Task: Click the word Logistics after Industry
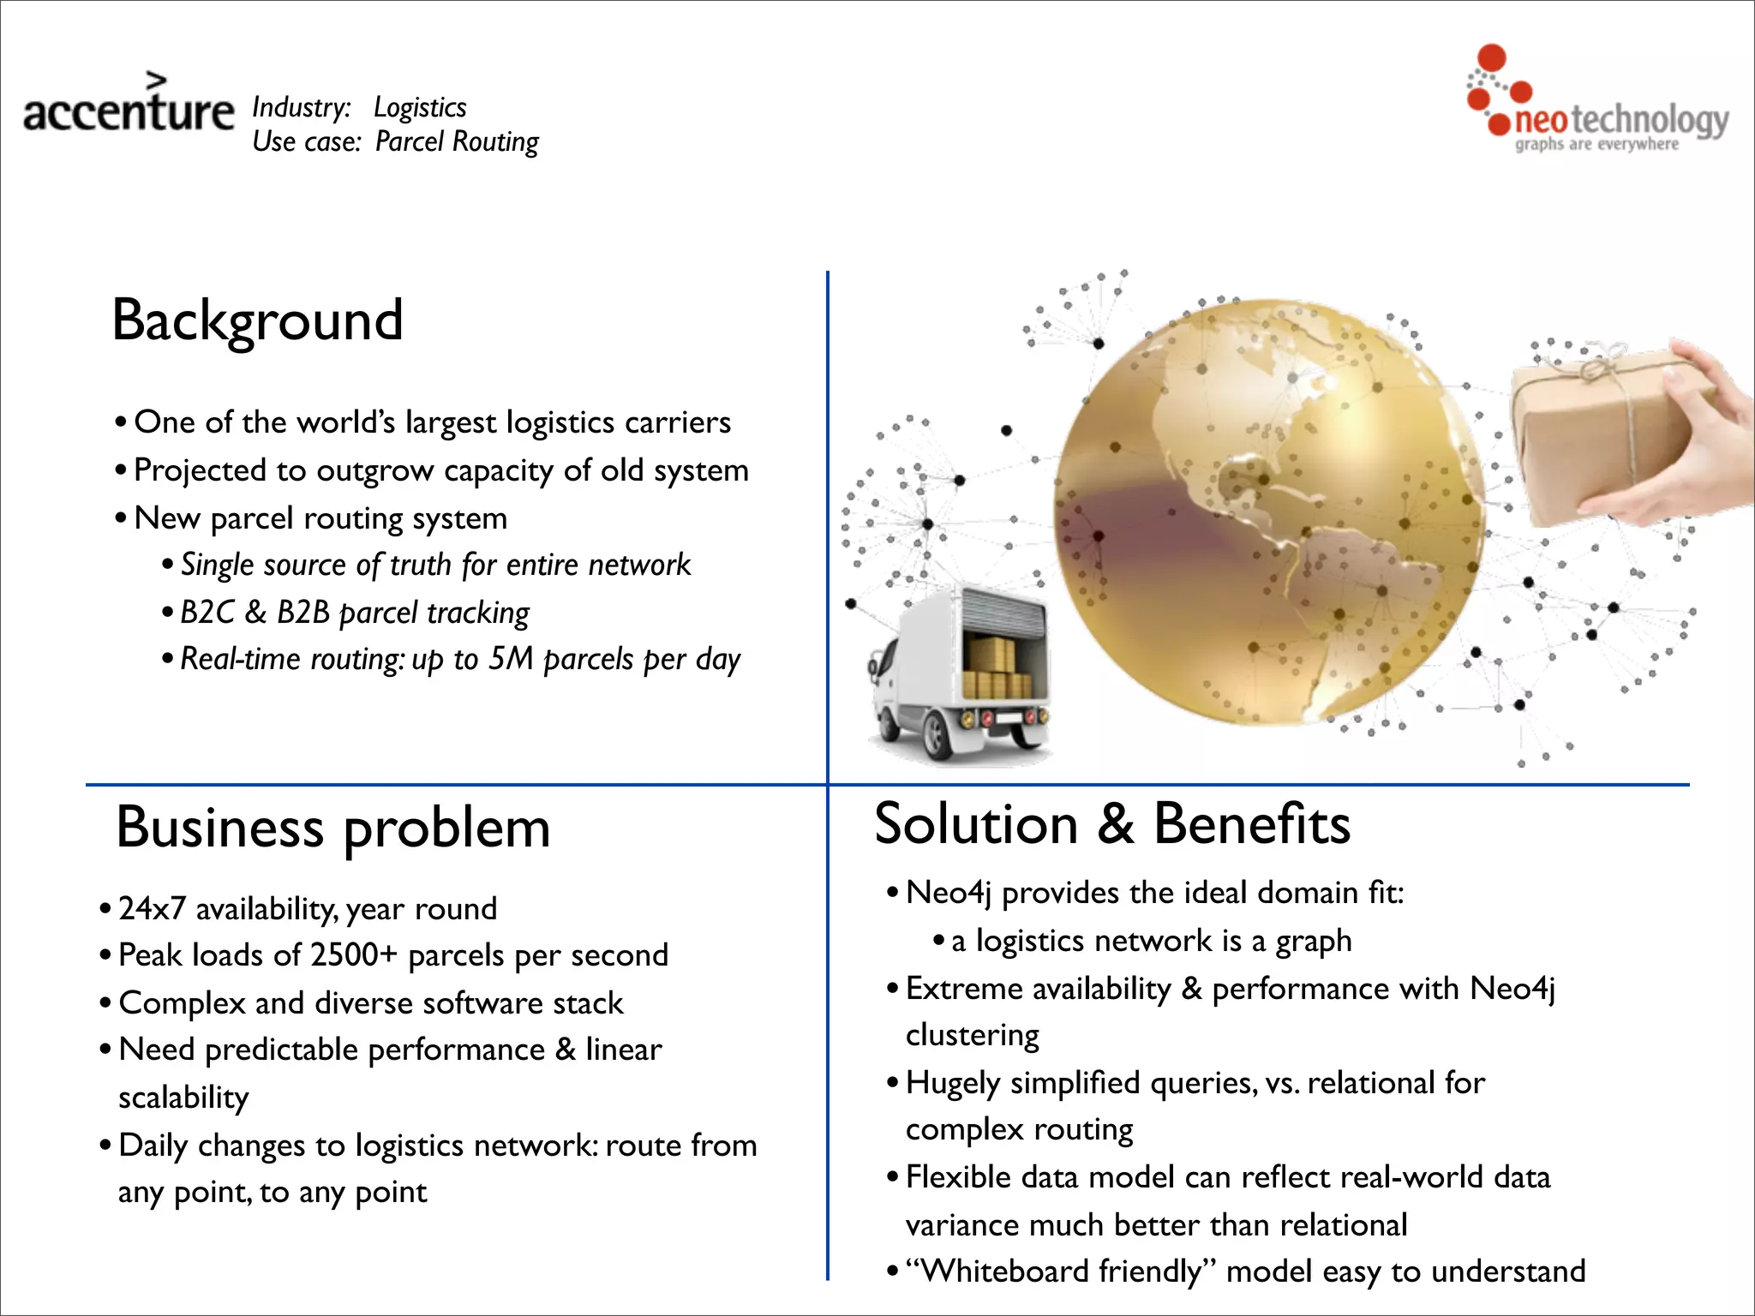point(420,107)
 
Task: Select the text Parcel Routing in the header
point(457,141)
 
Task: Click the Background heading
point(257,320)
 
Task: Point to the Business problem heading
point(332,828)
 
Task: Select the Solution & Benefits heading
point(1111,823)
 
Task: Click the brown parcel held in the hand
point(1602,437)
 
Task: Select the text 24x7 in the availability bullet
point(152,908)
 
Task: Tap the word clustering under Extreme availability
point(973,1035)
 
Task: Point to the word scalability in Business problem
point(183,1098)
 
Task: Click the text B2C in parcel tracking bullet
point(207,613)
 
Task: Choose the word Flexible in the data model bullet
point(958,1177)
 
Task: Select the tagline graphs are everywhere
point(1596,144)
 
